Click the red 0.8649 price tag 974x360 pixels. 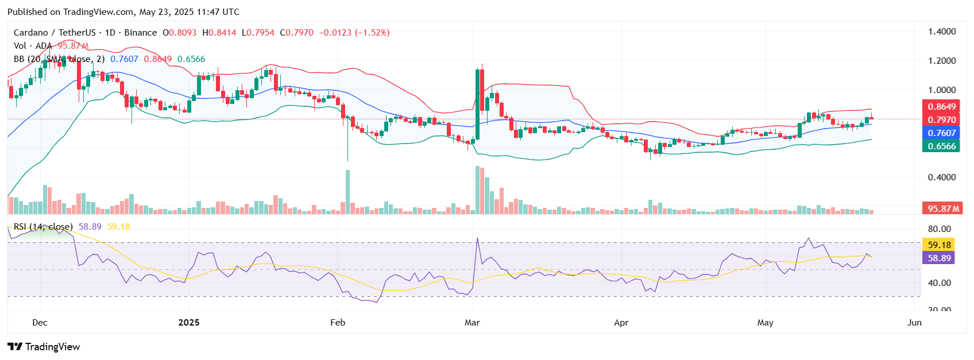942,107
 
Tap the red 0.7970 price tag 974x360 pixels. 942,120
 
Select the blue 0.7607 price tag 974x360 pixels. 942,133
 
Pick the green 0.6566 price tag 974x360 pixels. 942,146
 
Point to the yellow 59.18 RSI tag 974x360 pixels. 940,245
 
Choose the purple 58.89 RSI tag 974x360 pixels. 940,258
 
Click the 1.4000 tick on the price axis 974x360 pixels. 942,32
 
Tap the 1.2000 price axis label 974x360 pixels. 942,61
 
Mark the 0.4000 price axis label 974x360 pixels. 942,177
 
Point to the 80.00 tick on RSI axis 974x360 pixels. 940,229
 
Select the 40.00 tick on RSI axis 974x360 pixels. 940,283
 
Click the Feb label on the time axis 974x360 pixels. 338,323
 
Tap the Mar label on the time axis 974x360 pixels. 472,323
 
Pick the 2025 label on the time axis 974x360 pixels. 189,323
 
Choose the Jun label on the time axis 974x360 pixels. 914,323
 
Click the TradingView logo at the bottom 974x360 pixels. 44,347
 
